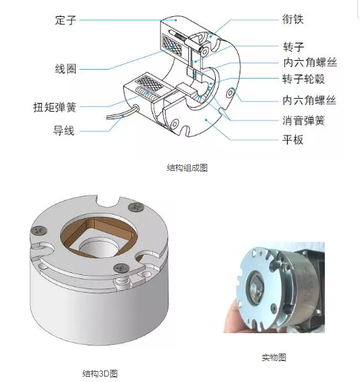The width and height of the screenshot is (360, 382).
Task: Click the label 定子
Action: (66, 20)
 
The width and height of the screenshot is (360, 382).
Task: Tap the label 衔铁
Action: (293, 19)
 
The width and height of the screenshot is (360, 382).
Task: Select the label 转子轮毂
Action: (304, 79)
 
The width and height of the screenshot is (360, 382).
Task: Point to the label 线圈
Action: (66, 69)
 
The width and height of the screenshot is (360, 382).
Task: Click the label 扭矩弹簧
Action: (55, 107)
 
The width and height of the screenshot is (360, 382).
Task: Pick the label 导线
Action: (64, 130)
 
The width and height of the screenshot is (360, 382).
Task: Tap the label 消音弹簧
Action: (304, 121)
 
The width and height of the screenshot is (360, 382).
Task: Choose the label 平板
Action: (293, 140)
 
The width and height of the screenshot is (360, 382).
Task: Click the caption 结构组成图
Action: (187, 168)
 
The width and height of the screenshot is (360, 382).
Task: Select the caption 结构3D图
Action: (100, 373)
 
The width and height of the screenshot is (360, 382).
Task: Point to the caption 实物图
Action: (274, 358)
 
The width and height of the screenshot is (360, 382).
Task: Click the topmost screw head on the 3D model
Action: (136, 207)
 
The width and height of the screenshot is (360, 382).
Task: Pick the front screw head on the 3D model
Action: (121, 268)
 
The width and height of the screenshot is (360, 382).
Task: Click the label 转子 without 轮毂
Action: (293, 47)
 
